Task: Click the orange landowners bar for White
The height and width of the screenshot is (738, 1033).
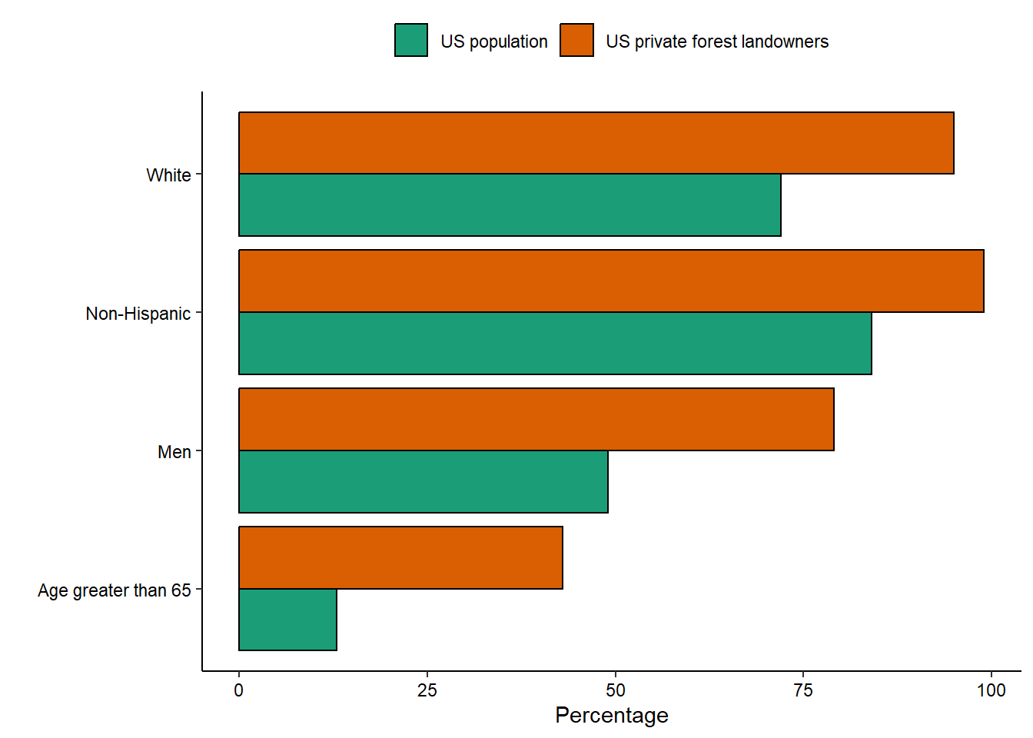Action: (596, 143)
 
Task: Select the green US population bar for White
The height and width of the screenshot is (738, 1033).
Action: (510, 205)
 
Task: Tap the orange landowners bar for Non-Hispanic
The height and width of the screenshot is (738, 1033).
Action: (611, 281)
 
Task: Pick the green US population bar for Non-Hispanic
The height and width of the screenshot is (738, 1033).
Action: (555, 344)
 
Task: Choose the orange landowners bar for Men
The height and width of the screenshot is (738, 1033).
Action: (536, 420)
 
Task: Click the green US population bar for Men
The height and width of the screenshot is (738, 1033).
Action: (423, 482)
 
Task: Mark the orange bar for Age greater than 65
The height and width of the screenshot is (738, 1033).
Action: (400, 558)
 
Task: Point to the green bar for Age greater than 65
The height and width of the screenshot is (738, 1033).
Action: (287, 620)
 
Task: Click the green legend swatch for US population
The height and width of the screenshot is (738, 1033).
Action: (411, 40)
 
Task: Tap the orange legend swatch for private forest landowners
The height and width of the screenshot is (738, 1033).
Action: (576, 40)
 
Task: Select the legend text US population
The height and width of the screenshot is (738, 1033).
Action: (494, 42)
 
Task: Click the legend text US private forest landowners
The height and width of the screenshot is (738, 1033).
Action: (717, 42)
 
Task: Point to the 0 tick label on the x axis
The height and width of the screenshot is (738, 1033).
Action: (239, 690)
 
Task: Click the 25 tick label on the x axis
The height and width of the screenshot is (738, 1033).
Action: (427, 690)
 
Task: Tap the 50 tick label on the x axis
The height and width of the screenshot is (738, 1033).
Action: (615, 690)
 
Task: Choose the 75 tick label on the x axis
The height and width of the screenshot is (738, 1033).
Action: (803, 690)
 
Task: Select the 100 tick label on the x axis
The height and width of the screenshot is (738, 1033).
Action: (991, 690)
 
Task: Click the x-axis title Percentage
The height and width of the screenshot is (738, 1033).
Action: (612, 716)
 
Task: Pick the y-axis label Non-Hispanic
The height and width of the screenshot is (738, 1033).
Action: (138, 314)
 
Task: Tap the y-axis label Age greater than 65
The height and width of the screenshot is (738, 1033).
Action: (115, 590)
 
